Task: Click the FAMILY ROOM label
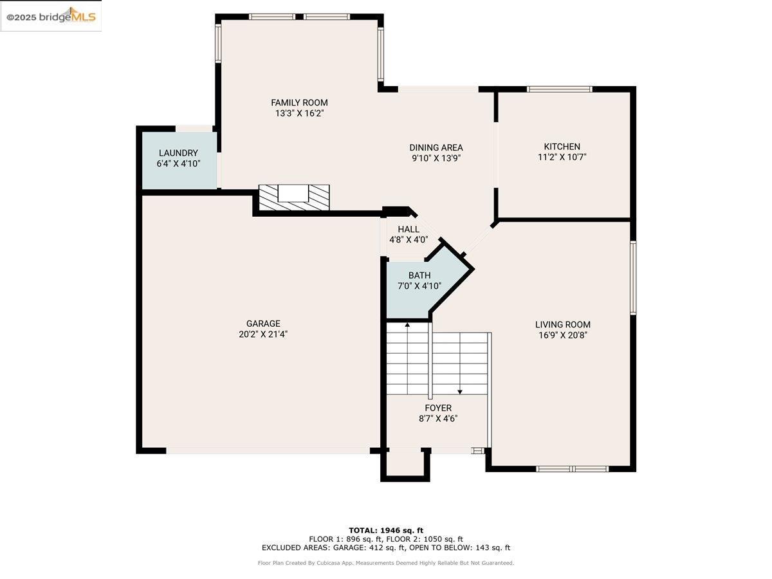click(299, 102)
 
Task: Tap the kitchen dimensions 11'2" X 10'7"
click(562, 157)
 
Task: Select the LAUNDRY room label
click(178, 153)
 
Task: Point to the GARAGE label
click(263, 324)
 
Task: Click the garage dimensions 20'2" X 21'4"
click(263, 335)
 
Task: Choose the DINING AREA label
click(436, 147)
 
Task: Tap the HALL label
click(409, 229)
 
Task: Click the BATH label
click(419, 275)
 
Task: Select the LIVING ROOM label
click(562, 325)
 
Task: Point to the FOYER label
click(438, 408)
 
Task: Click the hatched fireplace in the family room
click(294, 197)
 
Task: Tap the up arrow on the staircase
click(407, 326)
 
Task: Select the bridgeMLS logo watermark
click(51, 17)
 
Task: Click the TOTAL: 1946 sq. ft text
click(386, 530)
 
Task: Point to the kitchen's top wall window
click(559, 89)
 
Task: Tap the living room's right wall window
click(633, 277)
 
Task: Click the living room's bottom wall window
click(572, 469)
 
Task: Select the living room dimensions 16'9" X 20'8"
click(562, 335)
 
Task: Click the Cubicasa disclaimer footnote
click(386, 563)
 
